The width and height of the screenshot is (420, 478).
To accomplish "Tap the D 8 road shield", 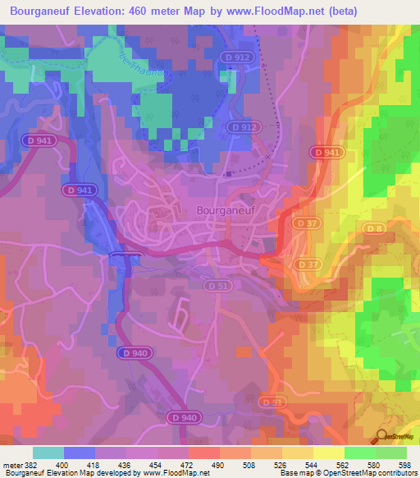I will point(375,228).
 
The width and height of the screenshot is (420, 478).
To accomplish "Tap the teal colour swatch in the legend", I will point(48,453).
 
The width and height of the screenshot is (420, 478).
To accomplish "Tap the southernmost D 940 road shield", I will point(185,418).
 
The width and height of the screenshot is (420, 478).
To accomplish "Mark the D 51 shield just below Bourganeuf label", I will point(216,285).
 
